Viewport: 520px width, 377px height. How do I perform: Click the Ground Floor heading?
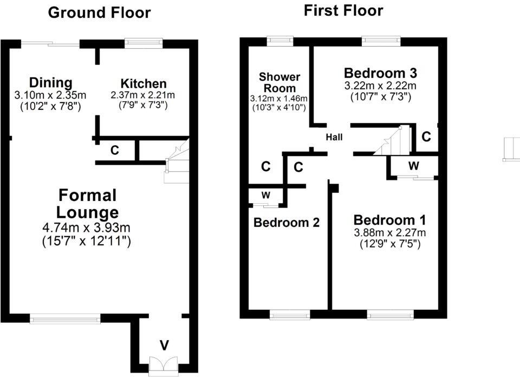pos(99,13)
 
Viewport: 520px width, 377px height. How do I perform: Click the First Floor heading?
pos(343,10)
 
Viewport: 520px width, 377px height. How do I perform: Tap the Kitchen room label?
pos(144,84)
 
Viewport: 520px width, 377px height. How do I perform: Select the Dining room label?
pos(50,83)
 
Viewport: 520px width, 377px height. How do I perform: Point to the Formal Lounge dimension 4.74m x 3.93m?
pos(87,227)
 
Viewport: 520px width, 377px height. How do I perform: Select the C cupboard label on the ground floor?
pos(115,151)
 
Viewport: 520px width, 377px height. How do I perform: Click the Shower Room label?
pos(279,82)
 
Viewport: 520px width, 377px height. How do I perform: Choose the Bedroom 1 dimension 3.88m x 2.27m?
pos(390,233)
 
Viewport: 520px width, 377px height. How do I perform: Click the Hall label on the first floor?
pos(334,138)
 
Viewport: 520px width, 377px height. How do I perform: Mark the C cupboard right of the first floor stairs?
pos(426,137)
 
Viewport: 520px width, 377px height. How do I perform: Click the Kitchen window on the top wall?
pos(144,40)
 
